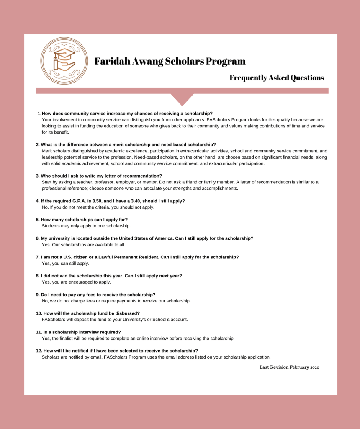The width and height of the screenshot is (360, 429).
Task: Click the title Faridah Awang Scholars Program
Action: coord(170,62)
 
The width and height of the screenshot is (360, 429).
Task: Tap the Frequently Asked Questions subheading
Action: coord(276,78)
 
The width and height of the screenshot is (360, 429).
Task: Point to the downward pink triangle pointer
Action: coord(182,99)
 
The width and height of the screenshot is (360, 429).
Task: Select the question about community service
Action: coord(127,114)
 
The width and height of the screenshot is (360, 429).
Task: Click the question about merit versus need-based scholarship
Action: coord(128,145)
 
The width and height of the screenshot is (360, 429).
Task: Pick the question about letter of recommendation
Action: coord(101,176)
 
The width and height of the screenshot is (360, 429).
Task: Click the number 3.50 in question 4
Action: coord(96,201)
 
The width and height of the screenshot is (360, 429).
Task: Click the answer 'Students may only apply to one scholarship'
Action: coord(86,226)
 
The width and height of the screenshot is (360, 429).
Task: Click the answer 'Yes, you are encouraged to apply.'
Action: coord(76,282)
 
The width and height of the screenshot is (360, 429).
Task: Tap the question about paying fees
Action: coord(98,295)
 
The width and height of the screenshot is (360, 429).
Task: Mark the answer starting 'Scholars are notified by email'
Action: coord(156,357)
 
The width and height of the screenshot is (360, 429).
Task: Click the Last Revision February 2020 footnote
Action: coord(289,367)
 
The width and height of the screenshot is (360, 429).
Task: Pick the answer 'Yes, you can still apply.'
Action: coord(65,264)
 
